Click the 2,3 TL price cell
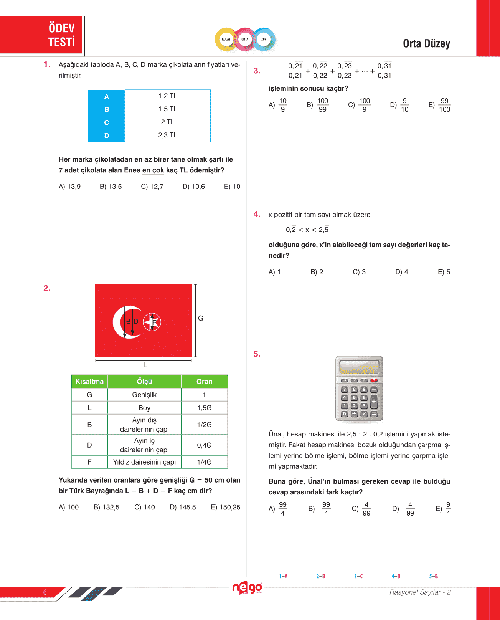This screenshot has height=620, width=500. (168, 135)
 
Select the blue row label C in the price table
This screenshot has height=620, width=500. (106, 122)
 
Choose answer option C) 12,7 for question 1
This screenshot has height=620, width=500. (152, 187)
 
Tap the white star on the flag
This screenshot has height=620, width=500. (152, 322)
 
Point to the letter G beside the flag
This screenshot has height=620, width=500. (201, 318)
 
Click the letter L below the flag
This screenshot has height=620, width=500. (145, 365)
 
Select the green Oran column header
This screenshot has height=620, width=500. (204, 382)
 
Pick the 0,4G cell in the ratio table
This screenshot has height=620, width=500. (204, 445)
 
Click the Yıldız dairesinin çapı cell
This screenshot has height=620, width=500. (144, 462)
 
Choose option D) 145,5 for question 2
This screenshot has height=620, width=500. (183, 508)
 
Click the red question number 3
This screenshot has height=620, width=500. (257, 71)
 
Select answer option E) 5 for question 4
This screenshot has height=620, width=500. (444, 272)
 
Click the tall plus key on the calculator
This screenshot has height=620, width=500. (374, 402)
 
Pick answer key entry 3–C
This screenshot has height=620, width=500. (358, 576)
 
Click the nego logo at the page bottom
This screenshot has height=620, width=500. (247, 588)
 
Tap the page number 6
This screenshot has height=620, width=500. (45, 592)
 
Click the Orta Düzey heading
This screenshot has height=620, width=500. (426, 44)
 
